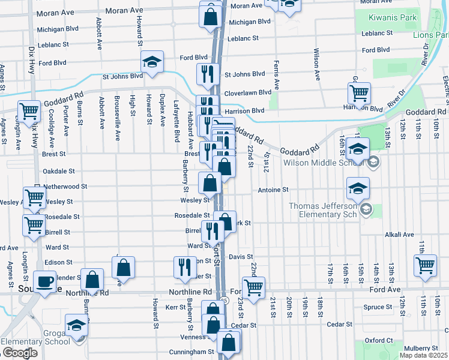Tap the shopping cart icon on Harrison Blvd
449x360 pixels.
tap(359, 93)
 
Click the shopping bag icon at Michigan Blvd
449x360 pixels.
tap(211, 18)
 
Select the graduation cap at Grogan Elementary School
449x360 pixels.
tap(76, 326)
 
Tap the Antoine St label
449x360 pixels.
tap(273, 190)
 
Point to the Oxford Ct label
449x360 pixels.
tap(379, 341)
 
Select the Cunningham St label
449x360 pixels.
tap(194, 352)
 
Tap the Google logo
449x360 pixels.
tap(20, 353)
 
